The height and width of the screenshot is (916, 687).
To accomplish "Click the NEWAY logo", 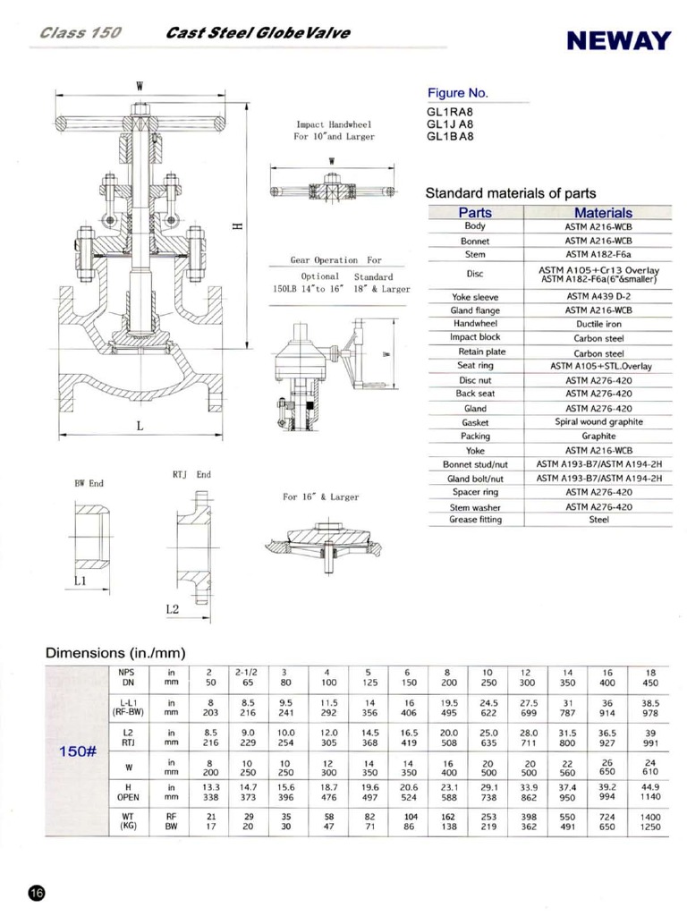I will [x=617, y=41].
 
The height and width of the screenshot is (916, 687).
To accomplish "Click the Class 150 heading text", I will [x=81, y=34].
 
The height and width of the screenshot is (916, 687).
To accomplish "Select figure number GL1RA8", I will [x=449, y=111].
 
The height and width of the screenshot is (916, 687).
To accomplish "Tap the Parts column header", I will [x=474, y=213].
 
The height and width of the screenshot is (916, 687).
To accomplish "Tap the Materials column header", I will [x=603, y=213].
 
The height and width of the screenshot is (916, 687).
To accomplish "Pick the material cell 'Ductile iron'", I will [x=598, y=324].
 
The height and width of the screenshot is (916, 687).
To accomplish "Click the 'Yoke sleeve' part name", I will [x=474, y=296].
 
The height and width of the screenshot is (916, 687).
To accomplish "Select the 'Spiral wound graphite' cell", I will [x=598, y=421].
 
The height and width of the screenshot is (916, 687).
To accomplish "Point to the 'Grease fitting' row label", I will [x=475, y=520].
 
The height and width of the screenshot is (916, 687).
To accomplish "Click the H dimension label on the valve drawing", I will [x=236, y=225].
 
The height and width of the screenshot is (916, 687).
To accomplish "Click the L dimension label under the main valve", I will [x=140, y=427].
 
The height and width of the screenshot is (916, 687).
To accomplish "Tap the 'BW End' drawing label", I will [x=89, y=483].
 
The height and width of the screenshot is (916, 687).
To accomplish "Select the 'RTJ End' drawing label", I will [x=191, y=474].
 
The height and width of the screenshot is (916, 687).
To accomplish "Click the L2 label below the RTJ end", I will [x=174, y=609].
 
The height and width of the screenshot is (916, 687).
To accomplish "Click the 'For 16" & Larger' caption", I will [x=320, y=496].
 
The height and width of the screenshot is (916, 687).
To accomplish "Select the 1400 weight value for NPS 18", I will [x=649, y=817].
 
